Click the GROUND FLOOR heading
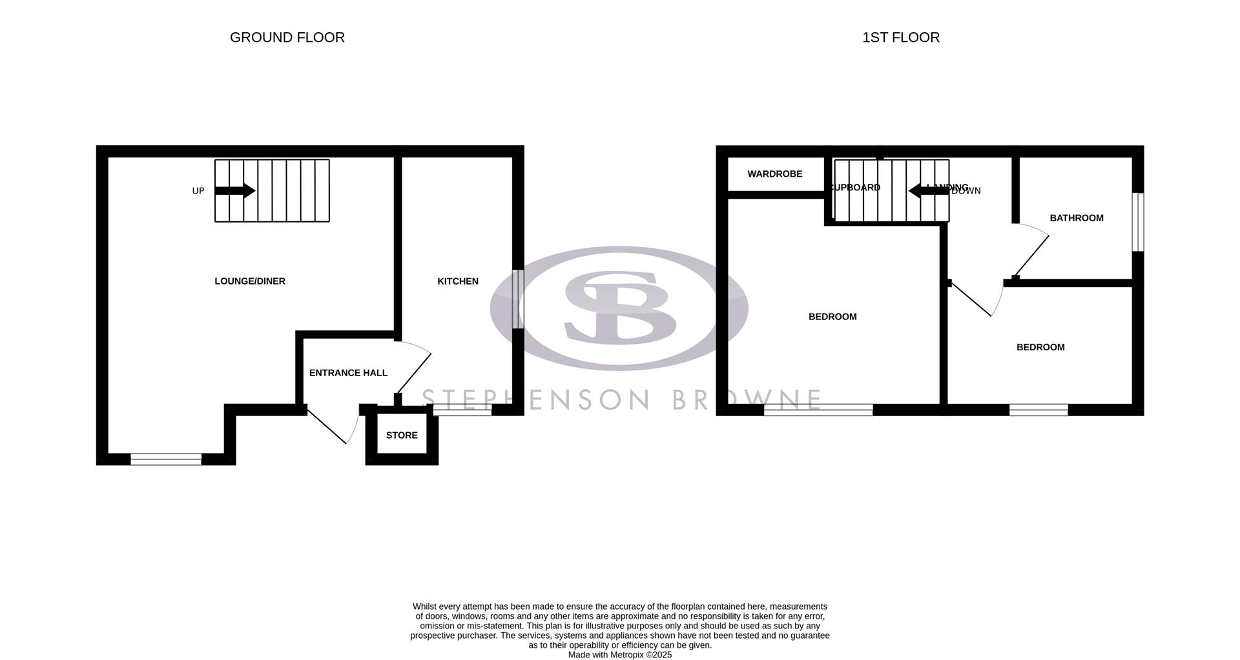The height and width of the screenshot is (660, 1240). coord(287,37)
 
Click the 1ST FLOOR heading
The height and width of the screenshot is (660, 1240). coord(901,37)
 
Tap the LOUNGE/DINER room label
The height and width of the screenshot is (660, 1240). coord(250,281)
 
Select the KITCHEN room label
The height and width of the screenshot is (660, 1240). coord(458,281)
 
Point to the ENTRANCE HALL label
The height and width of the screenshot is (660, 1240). coord(348,373)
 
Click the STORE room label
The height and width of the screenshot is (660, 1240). coord(402,435)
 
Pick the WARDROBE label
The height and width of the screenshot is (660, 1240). coord(774,174)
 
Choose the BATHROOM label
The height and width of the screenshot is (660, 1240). coord(1077,218)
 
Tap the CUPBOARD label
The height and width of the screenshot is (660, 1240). coord(855,188)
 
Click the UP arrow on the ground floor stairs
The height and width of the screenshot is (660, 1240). coord(235,191)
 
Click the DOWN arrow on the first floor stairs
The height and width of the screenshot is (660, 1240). coord(924,190)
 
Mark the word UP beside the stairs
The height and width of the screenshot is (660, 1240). coord(198,191)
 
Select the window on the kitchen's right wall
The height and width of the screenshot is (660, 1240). coord(518,299)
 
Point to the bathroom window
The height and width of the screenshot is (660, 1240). coord(1138,222)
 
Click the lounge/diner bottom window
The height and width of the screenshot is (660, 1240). coord(166,459)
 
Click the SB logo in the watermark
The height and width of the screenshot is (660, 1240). coord(619,307)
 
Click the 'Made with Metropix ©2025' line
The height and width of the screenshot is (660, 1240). coord(620,655)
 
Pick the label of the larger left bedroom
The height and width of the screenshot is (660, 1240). coord(832,317)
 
